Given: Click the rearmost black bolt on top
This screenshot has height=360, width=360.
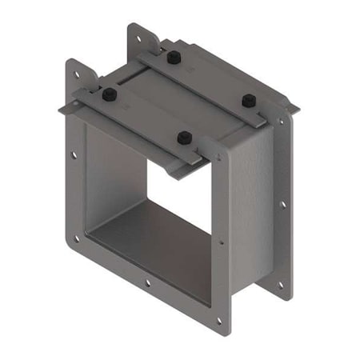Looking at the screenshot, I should pyautogui.click(x=172, y=57).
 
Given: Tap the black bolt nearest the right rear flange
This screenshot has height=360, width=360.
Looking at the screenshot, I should pyautogui.click(x=249, y=100).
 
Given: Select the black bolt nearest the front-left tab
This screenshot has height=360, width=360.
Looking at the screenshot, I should pyautogui.click(x=110, y=94).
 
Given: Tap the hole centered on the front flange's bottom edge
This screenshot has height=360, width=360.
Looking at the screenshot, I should pyautogui.click(x=147, y=282).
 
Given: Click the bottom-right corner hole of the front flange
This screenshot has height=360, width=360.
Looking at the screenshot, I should pyautogui.click(x=218, y=322).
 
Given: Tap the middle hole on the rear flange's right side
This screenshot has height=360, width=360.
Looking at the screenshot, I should pyautogui.click(x=282, y=204).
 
